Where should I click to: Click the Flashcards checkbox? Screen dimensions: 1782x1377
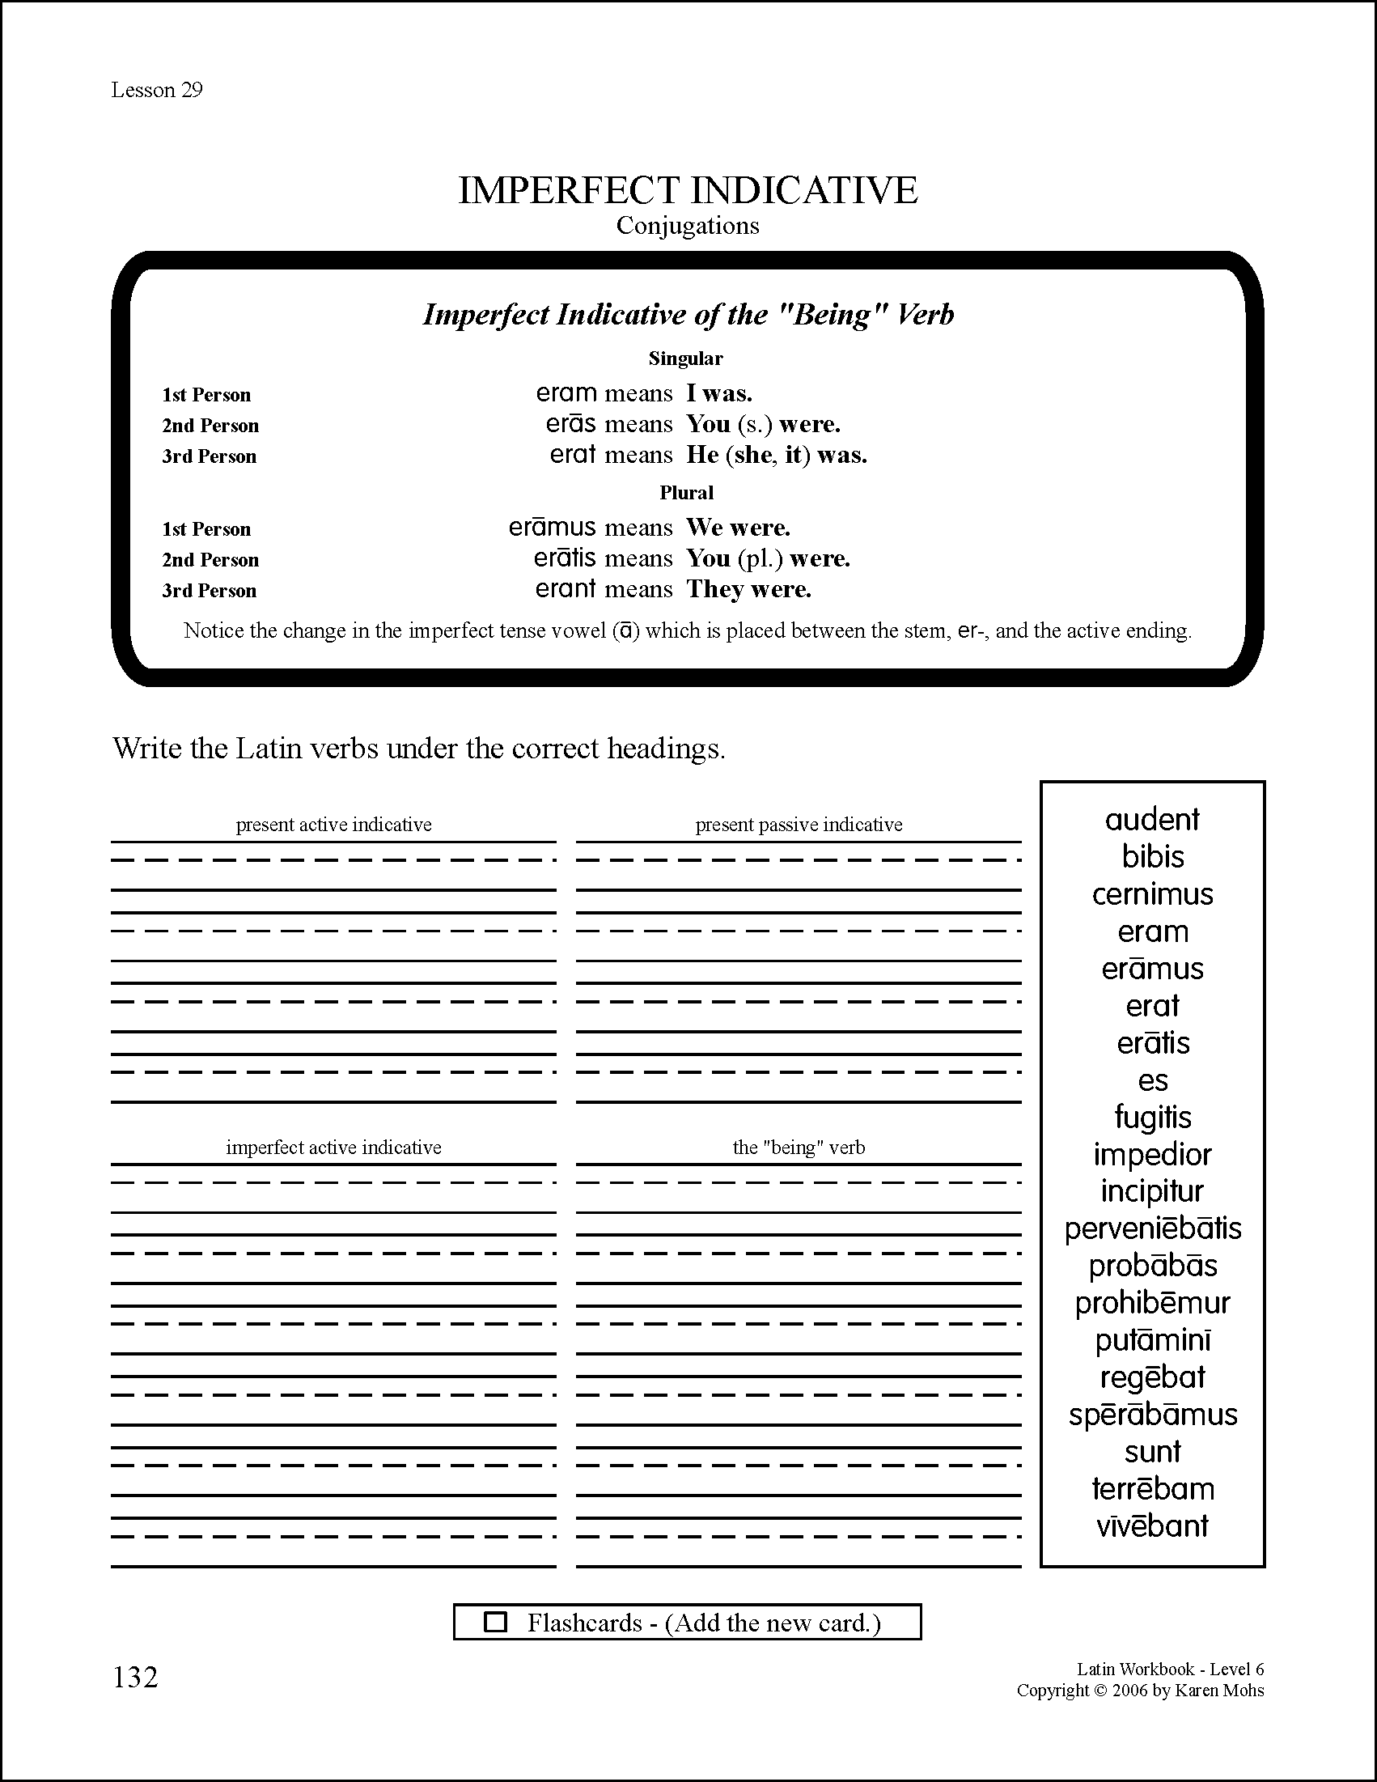pos(495,1621)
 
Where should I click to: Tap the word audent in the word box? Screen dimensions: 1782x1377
pos(1152,819)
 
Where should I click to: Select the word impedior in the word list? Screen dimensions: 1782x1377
pos(1152,1155)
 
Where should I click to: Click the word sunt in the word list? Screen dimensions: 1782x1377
pos(1152,1452)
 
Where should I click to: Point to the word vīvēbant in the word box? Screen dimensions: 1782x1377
pos(1152,1525)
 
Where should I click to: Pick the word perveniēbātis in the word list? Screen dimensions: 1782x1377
pos(1152,1228)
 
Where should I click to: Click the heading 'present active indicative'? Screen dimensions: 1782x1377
pos(333,825)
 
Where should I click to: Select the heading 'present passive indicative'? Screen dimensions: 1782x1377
pos(799,825)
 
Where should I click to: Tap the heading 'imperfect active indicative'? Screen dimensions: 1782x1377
pos(333,1148)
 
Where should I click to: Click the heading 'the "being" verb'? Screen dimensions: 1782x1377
pos(799,1148)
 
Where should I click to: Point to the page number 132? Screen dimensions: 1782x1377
pos(135,1677)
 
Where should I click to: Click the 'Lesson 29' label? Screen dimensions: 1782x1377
pos(157,90)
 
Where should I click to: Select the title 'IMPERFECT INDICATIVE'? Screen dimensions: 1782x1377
pos(688,190)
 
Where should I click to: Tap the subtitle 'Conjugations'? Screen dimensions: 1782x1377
pos(688,226)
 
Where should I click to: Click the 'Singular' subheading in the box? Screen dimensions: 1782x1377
pos(685,359)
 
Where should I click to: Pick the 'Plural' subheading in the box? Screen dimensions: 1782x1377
pos(686,493)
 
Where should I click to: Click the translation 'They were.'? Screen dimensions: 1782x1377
pos(749,589)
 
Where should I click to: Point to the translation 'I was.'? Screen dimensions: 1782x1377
pos(718,393)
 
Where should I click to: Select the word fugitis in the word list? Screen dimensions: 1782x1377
pos(1152,1117)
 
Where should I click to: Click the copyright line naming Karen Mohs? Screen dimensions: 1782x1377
pos(1140,1691)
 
